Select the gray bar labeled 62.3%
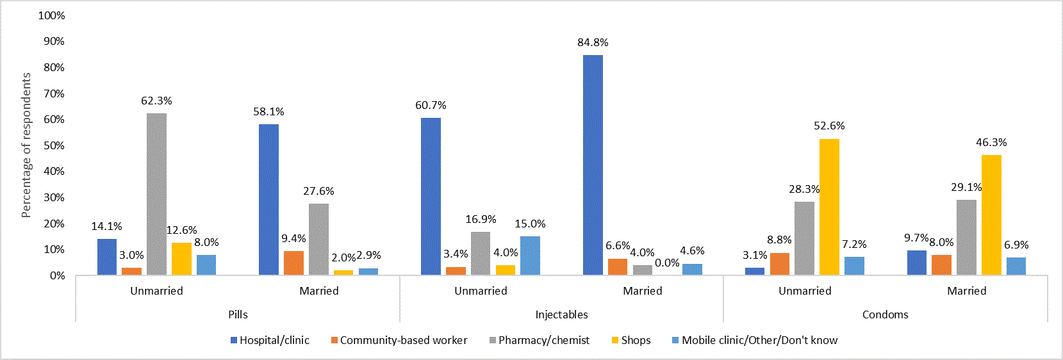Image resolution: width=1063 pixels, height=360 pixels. pyautogui.click(x=156, y=195)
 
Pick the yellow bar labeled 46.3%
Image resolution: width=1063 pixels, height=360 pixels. pyautogui.click(x=991, y=215)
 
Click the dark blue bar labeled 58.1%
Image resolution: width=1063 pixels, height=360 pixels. pyautogui.click(x=268, y=200)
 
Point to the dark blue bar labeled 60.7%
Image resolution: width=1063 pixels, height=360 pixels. pyautogui.click(x=431, y=197)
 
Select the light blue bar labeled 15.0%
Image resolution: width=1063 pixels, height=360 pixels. pyautogui.click(x=530, y=256)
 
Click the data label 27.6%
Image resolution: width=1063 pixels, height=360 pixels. pyautogui.click(x=318, y=191)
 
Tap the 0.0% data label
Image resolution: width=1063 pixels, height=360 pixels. pyautogui.click(x=667, y=263)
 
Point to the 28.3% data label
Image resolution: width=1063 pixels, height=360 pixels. pyautogui.click(x=804, y=189)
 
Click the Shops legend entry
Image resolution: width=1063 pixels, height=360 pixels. pyautogui.click(x=635, y=340)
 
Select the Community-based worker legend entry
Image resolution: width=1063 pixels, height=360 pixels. pyautogui.click(x=403, y=340)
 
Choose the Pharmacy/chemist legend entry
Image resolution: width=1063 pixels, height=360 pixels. pyautogui.click(x=543, y=340)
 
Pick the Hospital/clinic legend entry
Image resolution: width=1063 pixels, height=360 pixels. pyautogui.click(x=274, y=340)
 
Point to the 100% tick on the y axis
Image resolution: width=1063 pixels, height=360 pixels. pyautogui.click(x=51, y=15)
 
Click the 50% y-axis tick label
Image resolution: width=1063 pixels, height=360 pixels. pyautogui.click(x=54, y=145)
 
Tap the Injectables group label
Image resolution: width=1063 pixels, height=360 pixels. pyautogui.click(x=561, y=315)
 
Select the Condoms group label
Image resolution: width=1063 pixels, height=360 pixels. pyautogui.click(x=885, y=315)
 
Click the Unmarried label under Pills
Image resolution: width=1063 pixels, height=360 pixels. pyautogui.click(x=156, y=291)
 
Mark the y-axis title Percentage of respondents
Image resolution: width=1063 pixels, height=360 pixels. pyautogui.click(x=26, y=145)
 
